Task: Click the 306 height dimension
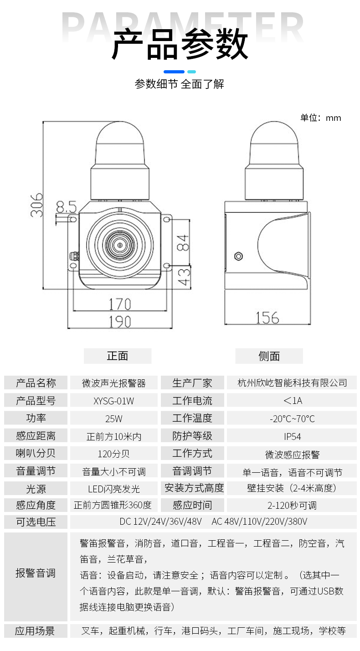(36, 205)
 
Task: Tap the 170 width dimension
(120, 304)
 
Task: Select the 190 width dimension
(120, 321)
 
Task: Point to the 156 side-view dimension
(267, 318)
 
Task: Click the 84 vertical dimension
(183, 243)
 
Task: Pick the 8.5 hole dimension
(66, 207)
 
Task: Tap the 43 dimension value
(184, 277)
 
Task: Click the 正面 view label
(118, 356)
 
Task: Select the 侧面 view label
(269, 356)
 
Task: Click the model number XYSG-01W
(113, 401)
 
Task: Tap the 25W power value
(113, 418)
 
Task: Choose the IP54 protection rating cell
(292, 436)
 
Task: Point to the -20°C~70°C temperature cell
(292, 418)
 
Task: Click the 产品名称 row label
(36, 383)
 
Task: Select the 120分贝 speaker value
(113, 454)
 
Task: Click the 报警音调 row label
(36, 573)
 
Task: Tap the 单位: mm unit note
(320, 118)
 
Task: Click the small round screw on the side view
(238, 256)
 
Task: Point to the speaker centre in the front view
(119, 245)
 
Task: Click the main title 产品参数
(180, 44)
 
